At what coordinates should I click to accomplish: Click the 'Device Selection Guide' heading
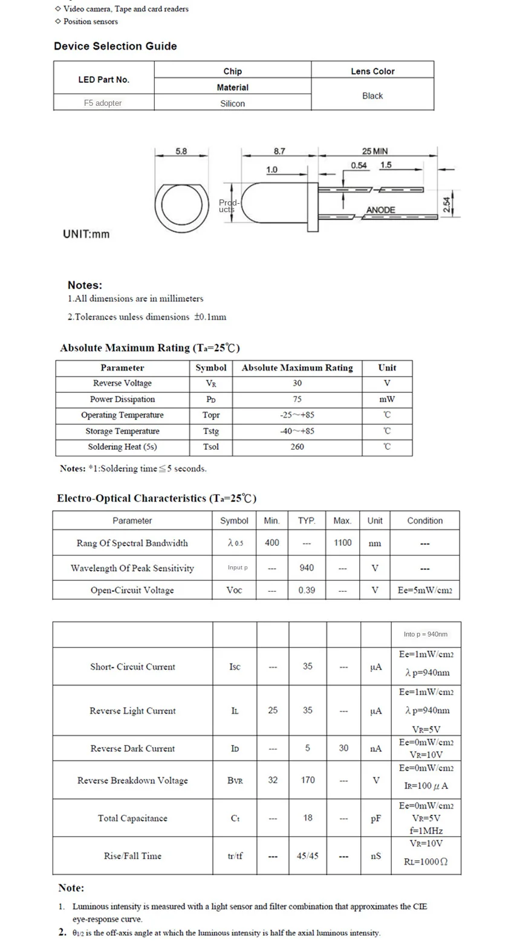tap(115, 46)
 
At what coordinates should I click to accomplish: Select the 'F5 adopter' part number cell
tap(103, 103)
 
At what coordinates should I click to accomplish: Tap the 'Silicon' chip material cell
tap(232, 103)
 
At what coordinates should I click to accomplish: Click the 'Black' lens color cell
tap(372, 96)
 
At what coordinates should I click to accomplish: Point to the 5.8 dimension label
tap(181, 151)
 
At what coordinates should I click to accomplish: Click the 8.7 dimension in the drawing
tap(279, 151)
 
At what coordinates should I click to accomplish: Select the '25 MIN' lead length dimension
tap(375, 151)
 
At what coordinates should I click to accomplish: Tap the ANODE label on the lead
tap(380, 210)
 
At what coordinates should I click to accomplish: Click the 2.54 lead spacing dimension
tap(447, 206)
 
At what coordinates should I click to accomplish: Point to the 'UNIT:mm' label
tap(86, 234)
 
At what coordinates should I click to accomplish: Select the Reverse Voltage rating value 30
tap(297, 383)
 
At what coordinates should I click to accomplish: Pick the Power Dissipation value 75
tap(297, 399)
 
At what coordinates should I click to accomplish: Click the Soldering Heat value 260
tap(297, 447)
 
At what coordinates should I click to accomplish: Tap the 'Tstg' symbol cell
tap(211, 431)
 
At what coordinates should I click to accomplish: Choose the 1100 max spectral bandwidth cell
tap(342, 543)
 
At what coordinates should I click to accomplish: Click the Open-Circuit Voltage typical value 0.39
tap(307, 590)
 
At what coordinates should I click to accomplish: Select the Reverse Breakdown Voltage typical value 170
tap(308, 780)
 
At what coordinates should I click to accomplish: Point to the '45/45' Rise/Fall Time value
tap(308, 856)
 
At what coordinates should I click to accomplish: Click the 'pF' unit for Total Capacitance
tap(376, 818)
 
